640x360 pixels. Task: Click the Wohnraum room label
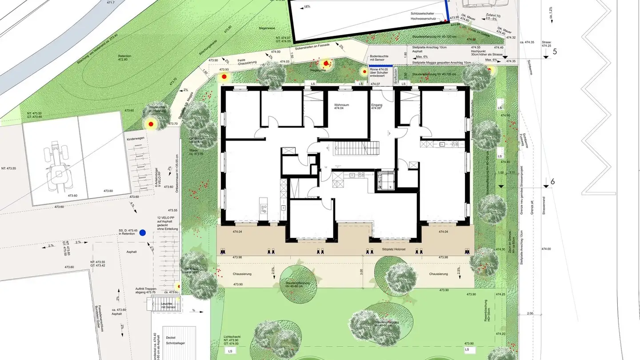click(343, 106)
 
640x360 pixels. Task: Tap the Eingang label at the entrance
click(376, 106)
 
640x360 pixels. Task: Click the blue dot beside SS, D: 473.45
click(143, 232)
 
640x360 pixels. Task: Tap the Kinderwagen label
click(136, 140)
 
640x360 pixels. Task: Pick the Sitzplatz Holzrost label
click(393, 249)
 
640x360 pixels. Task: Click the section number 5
click(554, 51)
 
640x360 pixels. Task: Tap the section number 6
click(552, 182)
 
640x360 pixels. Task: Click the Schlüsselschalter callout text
click(422, 14)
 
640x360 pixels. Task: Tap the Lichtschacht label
click(233, 338)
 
